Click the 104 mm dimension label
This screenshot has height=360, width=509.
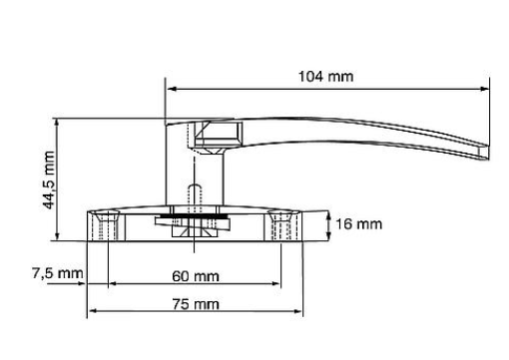click(x=325, y=77)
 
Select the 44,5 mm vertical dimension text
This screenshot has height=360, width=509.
click(x=49, y=180)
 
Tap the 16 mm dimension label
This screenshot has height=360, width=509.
click(x=358, y=224)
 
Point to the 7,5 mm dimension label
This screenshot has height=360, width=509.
click(x=58, y=273)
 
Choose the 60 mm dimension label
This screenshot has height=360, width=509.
click(x=196, y=276)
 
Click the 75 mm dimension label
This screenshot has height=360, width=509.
click(x=196, y=304)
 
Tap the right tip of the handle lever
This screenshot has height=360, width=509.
click(x=488, y=152)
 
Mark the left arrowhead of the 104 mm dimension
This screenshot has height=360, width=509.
click(x=171, y=89)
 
